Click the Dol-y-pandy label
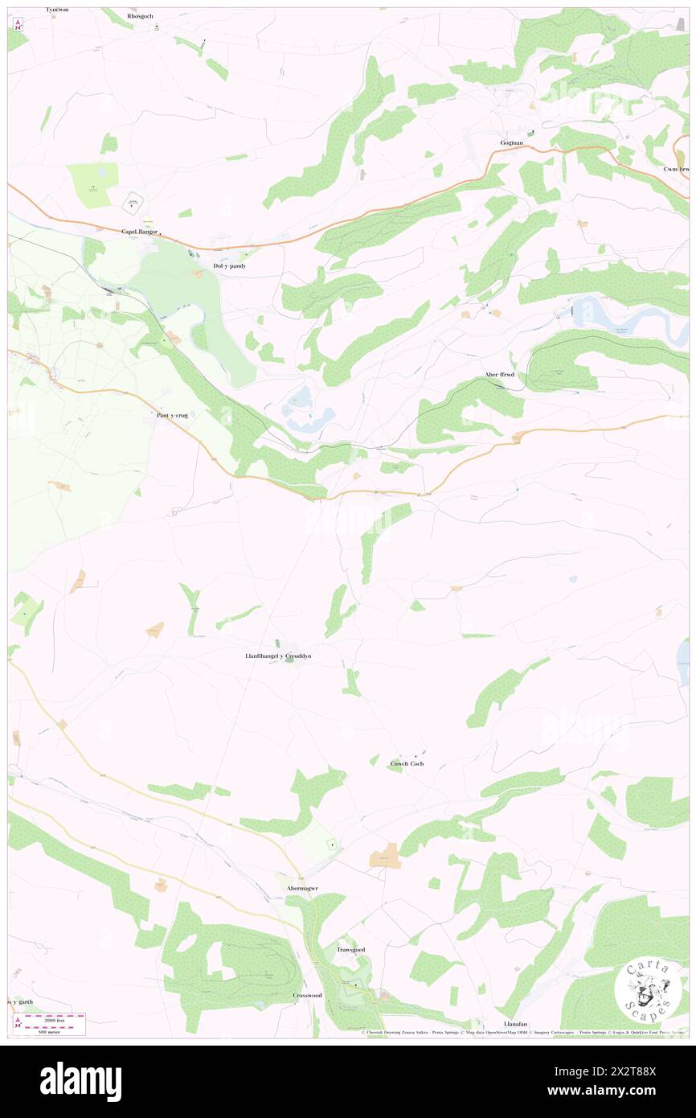[229, 265]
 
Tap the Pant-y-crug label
[171, 415]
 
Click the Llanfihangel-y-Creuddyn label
[278, 656]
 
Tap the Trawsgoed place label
[350, 950]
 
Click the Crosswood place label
[307, 995]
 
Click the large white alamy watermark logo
[80, 1080]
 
